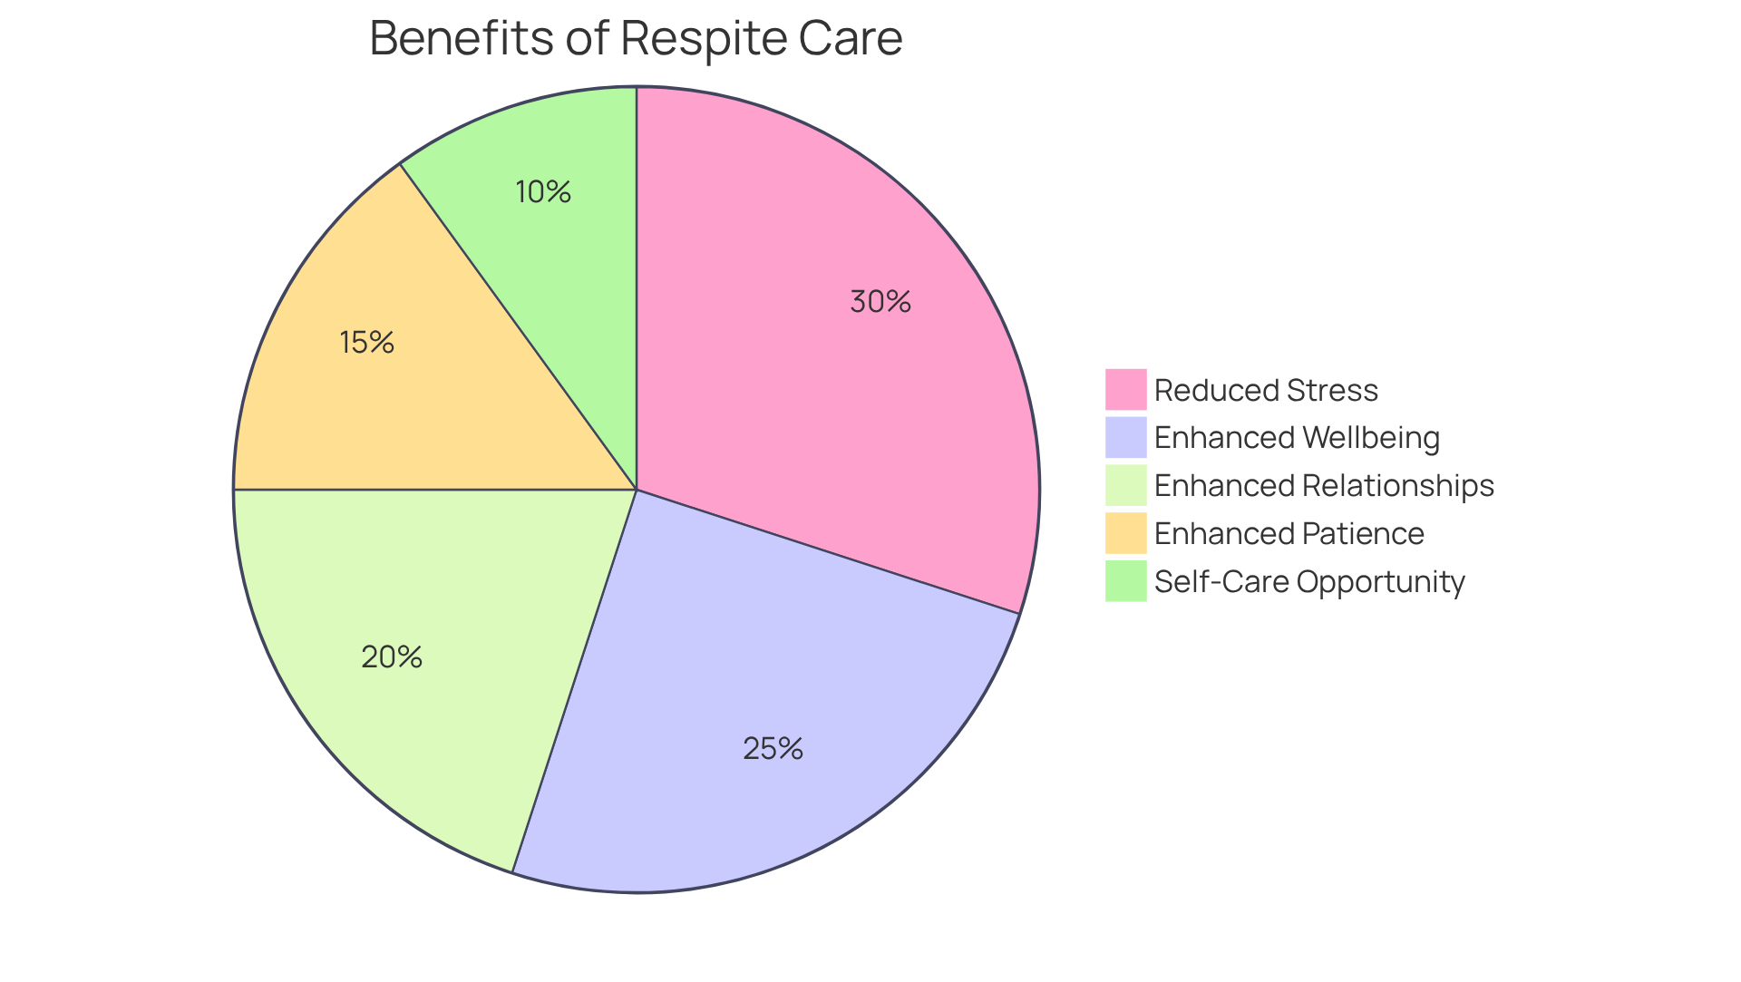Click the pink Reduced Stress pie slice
click(816, 381)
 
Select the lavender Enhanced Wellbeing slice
click(744, 689)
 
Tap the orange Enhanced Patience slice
click(435, 399)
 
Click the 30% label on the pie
click(880, 302)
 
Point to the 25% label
click(773, 749)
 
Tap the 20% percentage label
click(392, 657)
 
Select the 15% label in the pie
click(367, 343)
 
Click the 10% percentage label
click(543, 192)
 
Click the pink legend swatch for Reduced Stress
click(1125, 390)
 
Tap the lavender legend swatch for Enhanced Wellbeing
click(1125, 437)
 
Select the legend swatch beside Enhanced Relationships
click(1125, 485)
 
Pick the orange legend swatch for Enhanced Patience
click(1125, 533)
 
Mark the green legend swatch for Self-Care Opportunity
click(1125, 581)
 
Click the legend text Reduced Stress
click(1266, 391)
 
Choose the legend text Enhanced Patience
click(1289, 534)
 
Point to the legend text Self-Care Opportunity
click(1309, 582)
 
